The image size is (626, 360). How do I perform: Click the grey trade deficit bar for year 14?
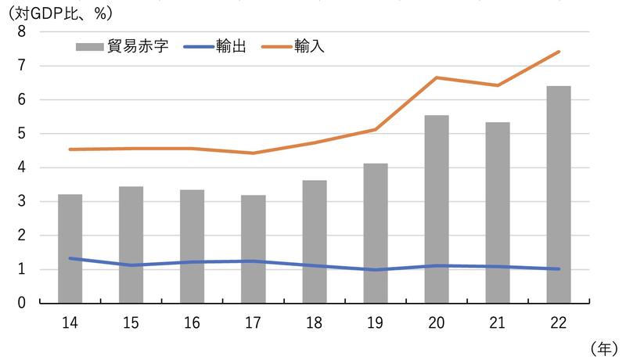pyautogui.click(x=70, y=249)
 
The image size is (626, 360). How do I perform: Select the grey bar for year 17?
pyautogui.click(x=253, y=249)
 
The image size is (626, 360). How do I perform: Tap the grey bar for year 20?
pyautogui.click(x=437, y=209)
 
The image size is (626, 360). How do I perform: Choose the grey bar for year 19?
pyautogui.click(x=376, y=233)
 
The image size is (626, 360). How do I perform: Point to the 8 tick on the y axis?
pyautogui.click(x=21, y=32)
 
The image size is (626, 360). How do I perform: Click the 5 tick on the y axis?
pyautogui.click(x=21, y=134)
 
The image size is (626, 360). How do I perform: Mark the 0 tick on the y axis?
pyautogui.click(x=21, y=304)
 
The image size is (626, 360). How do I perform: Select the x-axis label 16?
pyautogui.click(x=192, y=322)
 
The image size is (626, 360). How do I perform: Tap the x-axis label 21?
pyautogui.click(x=498, y=322)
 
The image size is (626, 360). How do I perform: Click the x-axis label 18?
pyautogui.click(x=314, y=322)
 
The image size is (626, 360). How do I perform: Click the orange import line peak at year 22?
pyautogui.click(x=559, y=52)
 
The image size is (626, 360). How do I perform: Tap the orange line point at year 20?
pyautogui.click(x=437, y=77)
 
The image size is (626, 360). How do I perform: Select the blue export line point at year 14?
pyautogui.click(x=70, y=258)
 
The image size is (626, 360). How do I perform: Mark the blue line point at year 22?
pyautogui.click(x=559, y=268)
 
